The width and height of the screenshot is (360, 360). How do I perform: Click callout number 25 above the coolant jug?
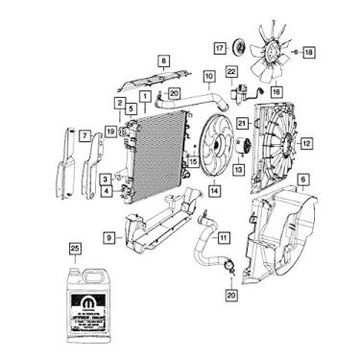[75, 248]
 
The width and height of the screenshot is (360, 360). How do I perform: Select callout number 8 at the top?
[162, 60]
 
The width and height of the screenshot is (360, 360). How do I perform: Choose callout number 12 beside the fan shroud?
[307, 146]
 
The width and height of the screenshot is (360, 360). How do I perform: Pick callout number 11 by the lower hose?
[223, 237]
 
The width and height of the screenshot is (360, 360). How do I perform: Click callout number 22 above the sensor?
[231, 72]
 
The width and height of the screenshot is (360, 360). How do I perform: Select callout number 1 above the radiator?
[143, 96]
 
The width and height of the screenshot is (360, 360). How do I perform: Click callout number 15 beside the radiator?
[194, 162]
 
